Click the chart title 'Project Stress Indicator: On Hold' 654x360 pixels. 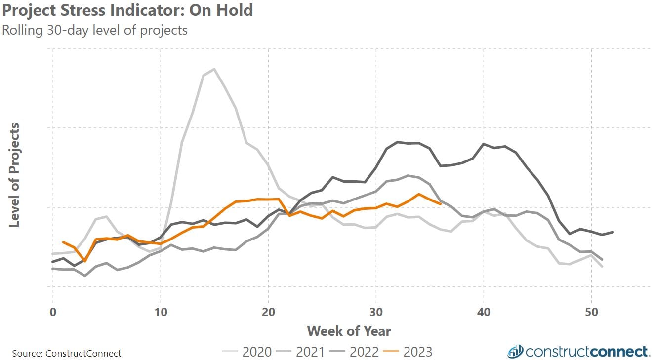pyautogui.click(x=127, y=10)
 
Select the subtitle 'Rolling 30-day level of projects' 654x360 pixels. pyautogui.click(x=95, y=30)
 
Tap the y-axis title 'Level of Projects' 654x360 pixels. pyautogui.click(x=15, y=175)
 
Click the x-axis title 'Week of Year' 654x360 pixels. pyautogui.click(x=349, y=330)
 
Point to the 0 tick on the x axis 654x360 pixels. pyautogui.click(x=53, y=313)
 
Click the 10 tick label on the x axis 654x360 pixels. pyautogui.click(x=161, y=313)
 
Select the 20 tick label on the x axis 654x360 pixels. pyautogui.click(x=268, y=313)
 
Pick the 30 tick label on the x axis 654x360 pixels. pyautogui.click(x=376, y=313)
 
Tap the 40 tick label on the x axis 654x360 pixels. pyautogui.click(x=484, y=313)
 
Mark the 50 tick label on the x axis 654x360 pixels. pyautogui.click(x=591, y=313)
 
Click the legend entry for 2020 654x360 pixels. pyautogui.click(x=247, y=352)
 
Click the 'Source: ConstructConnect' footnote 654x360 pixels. pyautogui.click(x=66, y=353)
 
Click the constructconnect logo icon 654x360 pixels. pyautogui.click(x=515, y=352)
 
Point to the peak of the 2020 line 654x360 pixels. pyautogui.click(x=214, y=69)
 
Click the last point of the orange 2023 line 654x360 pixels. pyautogui.click(x=440, y=203)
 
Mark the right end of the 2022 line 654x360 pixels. pyautogui.click(x=613, y=232)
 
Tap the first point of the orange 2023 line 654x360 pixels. pyautogui.click(x=63, y=242)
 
